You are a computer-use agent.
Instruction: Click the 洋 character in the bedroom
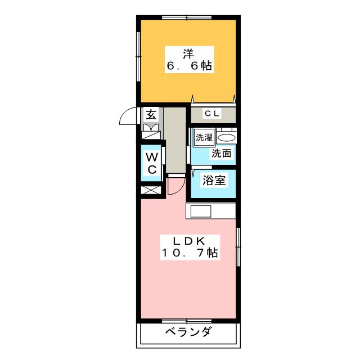[188, 54]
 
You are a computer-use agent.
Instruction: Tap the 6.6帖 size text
[188, 67]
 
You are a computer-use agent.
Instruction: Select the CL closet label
[213, 114]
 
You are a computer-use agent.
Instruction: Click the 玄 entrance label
[151, 115]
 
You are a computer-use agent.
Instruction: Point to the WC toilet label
[152, 163]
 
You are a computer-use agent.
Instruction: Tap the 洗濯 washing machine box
[203, 137]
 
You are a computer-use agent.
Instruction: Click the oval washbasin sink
[227, 138]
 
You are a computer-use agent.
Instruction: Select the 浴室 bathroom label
[214, 181]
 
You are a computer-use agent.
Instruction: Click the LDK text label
[188, 241]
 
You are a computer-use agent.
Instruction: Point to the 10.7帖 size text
[188, 254]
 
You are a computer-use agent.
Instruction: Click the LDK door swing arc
[176, 184]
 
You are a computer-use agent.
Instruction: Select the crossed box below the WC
[151, 189]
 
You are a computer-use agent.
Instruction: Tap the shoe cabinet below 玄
[151, 131]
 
